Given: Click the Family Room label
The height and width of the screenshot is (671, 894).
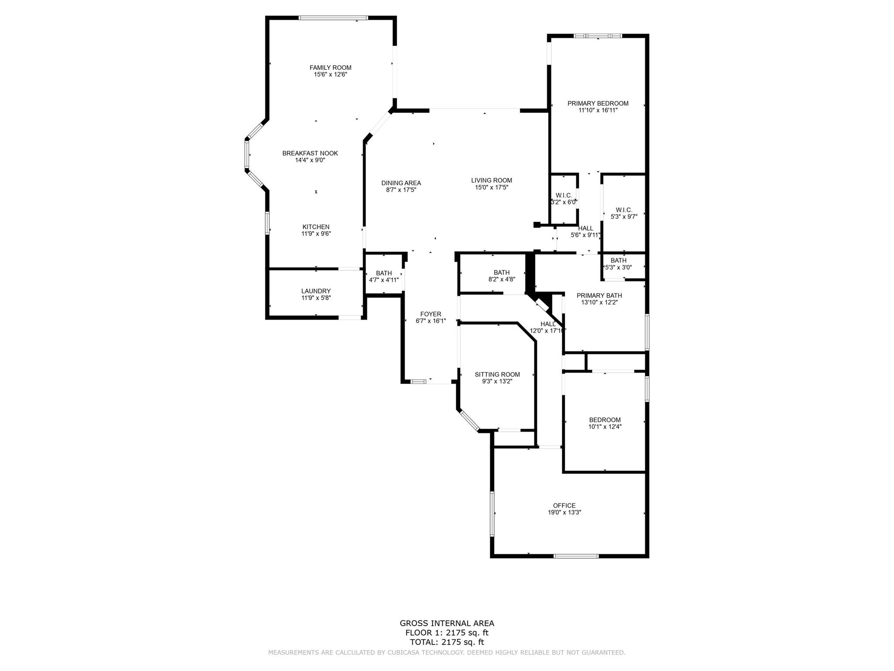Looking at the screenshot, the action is click(x=330, y=68).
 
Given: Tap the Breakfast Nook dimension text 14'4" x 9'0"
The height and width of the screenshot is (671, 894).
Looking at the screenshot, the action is click(x=310, y=160).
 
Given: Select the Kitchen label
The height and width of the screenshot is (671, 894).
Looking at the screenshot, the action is click(x=316, y=227).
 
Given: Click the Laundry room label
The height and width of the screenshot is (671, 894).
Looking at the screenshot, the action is click(x=316, y=291).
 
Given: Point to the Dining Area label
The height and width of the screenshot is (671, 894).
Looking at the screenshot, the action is click(x=401, y=183).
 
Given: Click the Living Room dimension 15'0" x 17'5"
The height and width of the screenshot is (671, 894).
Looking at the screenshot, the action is click(x=492, y=187).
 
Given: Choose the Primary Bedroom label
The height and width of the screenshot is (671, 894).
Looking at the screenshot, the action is click(x=598, y=104).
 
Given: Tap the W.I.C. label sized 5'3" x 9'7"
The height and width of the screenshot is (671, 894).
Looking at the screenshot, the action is click(x=624, y=210).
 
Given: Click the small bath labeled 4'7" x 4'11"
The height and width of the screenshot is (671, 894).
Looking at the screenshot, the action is click(x=384, y=273).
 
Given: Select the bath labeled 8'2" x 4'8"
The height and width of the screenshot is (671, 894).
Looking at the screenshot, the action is click(x=502, y=273).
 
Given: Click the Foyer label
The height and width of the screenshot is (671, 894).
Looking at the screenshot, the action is click(x=431, y=314).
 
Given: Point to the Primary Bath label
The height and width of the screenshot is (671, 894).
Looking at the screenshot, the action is click(x=599, y=296).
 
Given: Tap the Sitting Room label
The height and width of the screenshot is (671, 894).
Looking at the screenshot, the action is click(x=498, y=374).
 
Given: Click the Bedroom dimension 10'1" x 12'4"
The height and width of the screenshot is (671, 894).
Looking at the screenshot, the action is click(x=605, y=427).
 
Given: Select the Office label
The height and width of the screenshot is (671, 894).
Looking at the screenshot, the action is click(x=564, y=505).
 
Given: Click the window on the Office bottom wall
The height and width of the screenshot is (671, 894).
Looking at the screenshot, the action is click(x=576, y=556).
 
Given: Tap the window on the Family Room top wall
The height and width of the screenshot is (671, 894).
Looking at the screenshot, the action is click(x=334, y=18).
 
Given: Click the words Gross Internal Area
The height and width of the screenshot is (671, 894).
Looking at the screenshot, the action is click(x=447, y=623).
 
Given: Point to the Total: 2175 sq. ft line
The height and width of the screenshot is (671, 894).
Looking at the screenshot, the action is click(x=447, y=642).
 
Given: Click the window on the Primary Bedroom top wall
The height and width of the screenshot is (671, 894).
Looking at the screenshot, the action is click(x=598, y=36).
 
